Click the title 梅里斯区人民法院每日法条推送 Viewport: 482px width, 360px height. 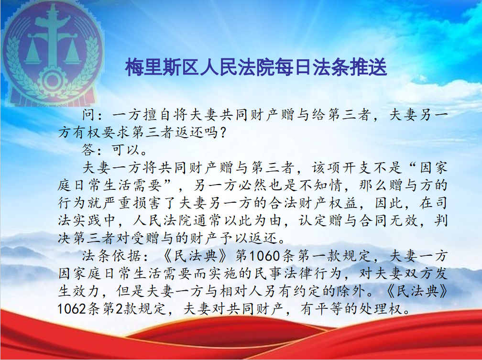tap(256, 67)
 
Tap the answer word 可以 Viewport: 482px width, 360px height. tap(126, 150)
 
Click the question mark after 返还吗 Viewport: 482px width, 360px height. tap(223, 132)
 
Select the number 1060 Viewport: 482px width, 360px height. tap(264, 256)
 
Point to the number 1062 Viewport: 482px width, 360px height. tap(72, 309)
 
